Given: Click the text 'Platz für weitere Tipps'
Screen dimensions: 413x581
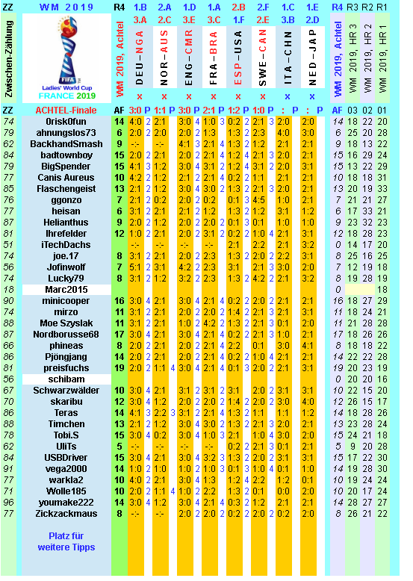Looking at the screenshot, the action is [66, 541].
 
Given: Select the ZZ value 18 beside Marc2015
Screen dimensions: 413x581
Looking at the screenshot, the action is [9, 289].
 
